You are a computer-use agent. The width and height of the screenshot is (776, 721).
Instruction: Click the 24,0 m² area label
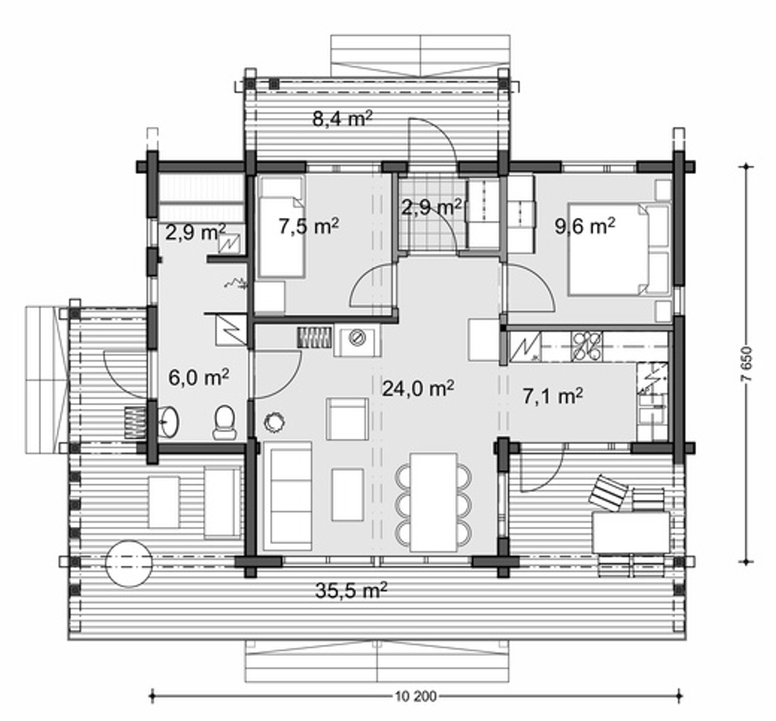418,388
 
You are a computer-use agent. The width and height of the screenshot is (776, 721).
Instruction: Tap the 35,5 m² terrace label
351,590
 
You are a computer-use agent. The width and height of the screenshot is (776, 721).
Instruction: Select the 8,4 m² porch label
342,118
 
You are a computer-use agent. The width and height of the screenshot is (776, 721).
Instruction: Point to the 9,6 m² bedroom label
585,226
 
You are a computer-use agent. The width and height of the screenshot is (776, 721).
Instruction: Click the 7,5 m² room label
308,227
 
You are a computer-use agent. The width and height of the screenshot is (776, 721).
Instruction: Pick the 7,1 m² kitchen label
553,395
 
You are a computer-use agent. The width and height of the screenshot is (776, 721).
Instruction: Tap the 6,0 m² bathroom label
199,377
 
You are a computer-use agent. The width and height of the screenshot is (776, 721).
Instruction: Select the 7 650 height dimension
747,364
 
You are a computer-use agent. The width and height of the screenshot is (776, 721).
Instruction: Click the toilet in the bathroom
225,423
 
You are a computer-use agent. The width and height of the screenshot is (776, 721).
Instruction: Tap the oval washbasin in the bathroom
169,421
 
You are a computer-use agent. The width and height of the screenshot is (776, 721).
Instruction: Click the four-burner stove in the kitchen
587,346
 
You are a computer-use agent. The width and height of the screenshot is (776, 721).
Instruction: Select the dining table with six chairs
434,502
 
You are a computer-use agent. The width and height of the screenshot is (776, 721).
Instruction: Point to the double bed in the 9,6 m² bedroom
618,249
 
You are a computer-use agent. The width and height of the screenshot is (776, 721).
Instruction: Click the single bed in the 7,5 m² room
282,226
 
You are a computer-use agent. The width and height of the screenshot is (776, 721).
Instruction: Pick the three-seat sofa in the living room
288,496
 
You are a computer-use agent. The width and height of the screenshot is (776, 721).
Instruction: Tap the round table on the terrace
129,563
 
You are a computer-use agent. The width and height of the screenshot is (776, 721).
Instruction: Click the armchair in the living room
347,418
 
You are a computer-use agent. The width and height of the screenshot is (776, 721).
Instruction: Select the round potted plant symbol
275,421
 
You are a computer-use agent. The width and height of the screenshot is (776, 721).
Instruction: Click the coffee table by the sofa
348,494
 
